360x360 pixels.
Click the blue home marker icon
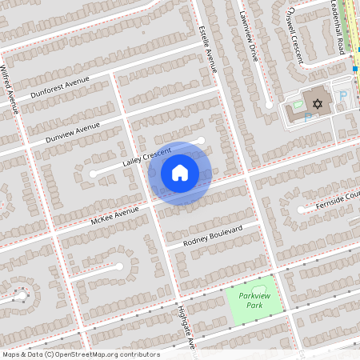pos(180,173)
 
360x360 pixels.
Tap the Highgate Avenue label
pos(186,327)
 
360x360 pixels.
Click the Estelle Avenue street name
pos(207,49)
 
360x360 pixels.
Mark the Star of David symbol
pos(318,104)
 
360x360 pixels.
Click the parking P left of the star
pos(308,117)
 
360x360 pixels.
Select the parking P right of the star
pos(343,96)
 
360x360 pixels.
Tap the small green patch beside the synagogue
pos(298,105)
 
